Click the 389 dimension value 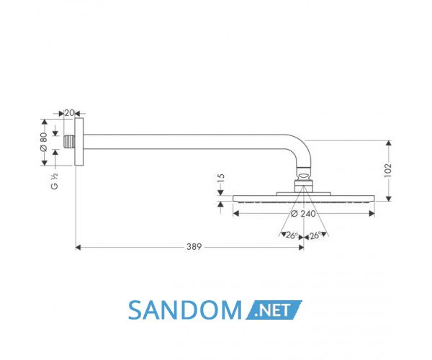[194, 247]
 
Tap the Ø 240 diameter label [303, 214]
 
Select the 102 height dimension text [387, 171]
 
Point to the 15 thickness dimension [221, 178]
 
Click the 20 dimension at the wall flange [69, 112]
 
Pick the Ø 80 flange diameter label [44, 142]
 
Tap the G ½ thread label [55, 181]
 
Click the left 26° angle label [292, 235]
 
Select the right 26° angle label [315, 235]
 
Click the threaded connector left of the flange [69, 142]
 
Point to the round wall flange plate [78, 142]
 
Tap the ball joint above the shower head [304, 176]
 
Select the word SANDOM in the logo [185, 310]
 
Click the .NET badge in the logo [274, 310]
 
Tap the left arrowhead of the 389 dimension [78, 248]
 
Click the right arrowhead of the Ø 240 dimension [372, 213]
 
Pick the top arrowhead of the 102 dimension [389, 143]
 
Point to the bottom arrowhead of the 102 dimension [389, 199]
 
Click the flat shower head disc [304, 199]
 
